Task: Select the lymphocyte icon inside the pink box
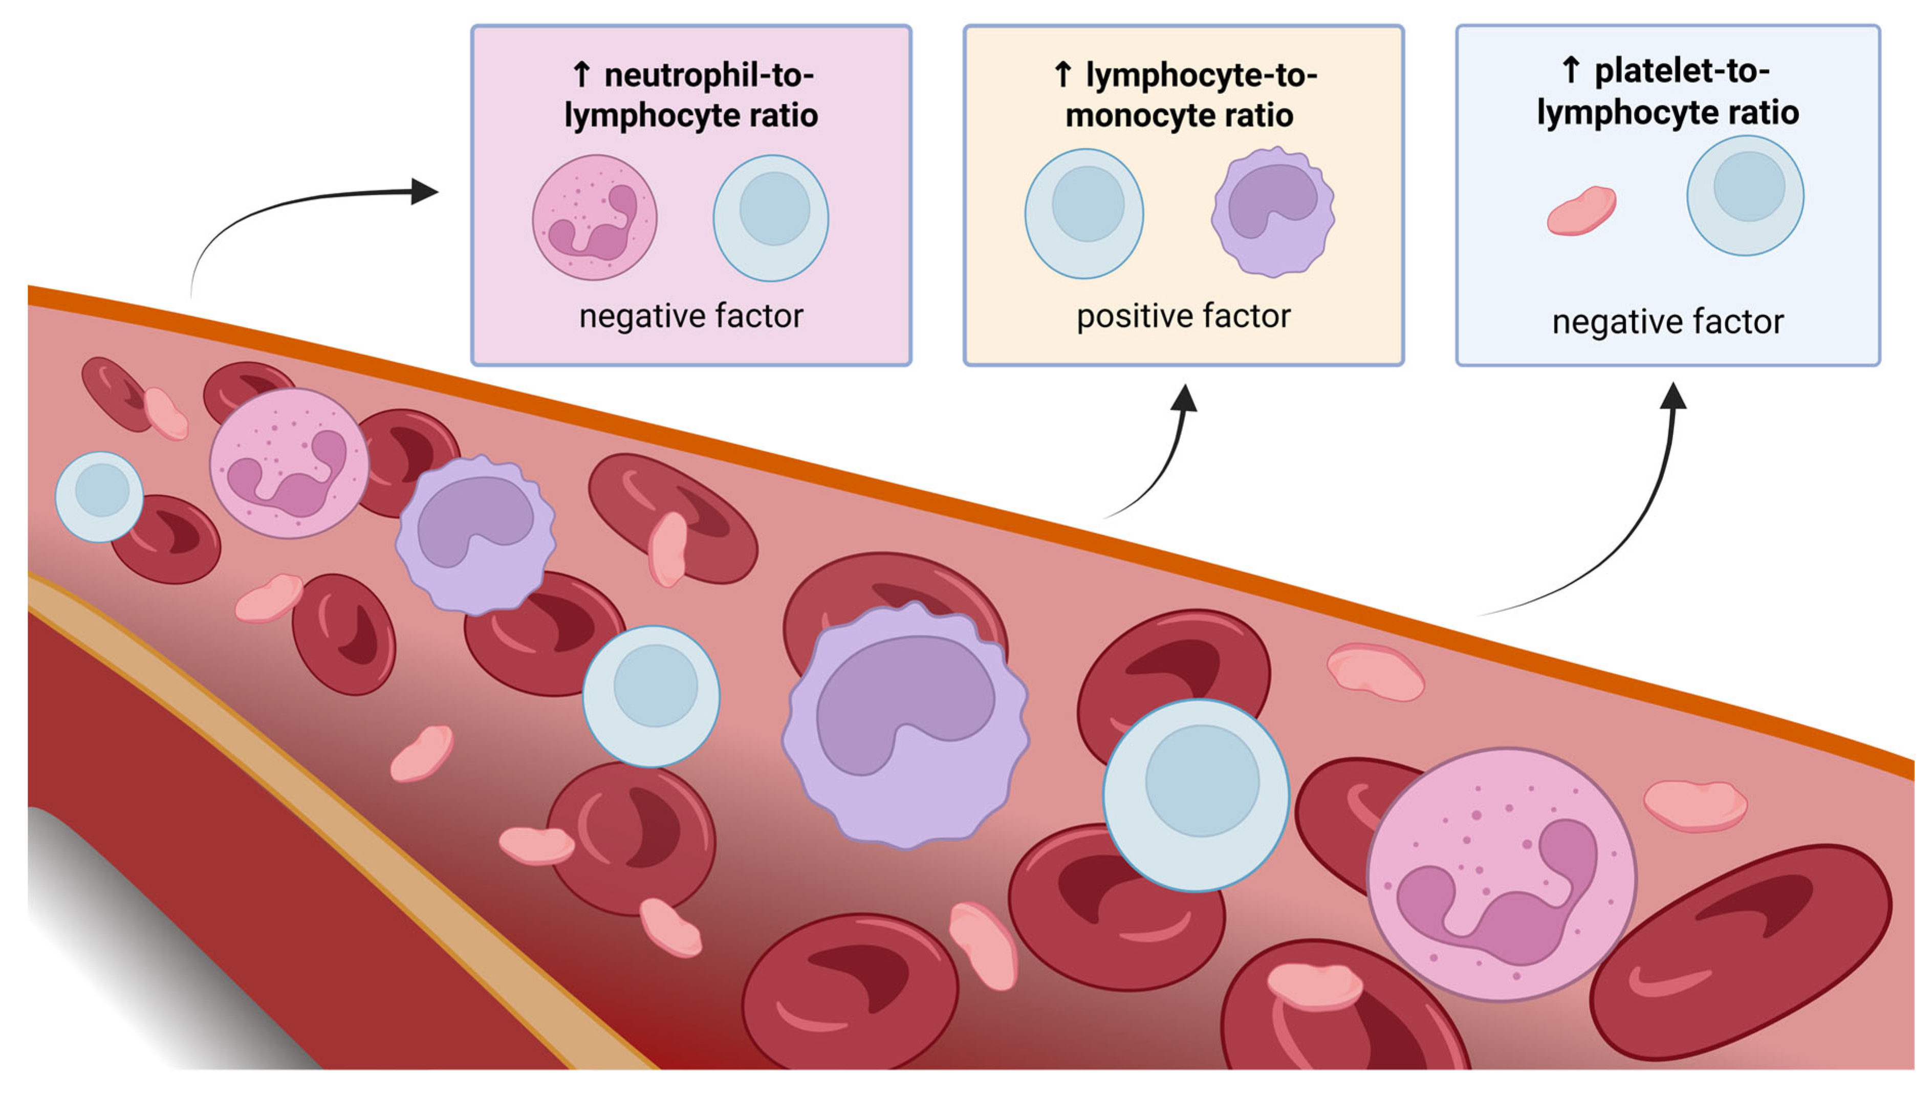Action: pos(770,218)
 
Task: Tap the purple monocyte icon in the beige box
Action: pos(1273,212)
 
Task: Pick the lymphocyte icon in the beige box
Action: pos(1083,213)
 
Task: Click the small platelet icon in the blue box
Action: pos(1581,211)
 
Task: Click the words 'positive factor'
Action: pos(1183,316)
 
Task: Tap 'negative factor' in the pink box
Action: pos(691,316)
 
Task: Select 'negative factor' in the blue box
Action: pos(1667,322)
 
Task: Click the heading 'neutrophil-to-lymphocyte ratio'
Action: pos(691,96)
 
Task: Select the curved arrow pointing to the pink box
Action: pos(301,207)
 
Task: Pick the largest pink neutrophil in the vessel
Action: pos(1501,874)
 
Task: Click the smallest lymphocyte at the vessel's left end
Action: pos(99,496)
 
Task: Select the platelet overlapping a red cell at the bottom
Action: pos(1315,985)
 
